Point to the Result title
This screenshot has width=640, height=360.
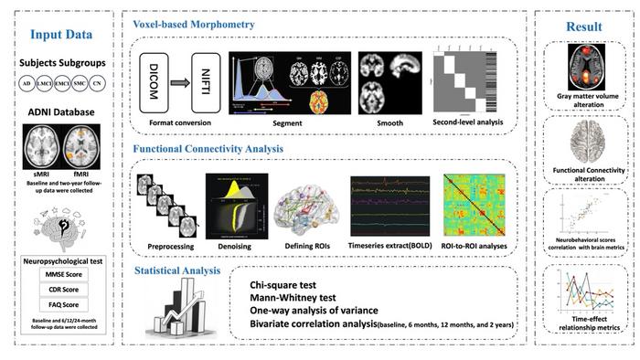coord(585,26)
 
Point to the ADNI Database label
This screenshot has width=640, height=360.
coord(60,112)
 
